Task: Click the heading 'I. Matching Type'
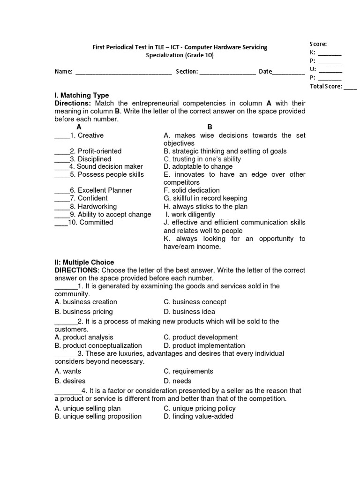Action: point(82,96)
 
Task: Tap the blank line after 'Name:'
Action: point(123,73)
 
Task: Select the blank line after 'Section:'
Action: point(228,73)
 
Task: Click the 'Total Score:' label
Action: point(326,86)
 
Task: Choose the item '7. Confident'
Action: point(89,198)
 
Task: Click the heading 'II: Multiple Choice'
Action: point(84,262)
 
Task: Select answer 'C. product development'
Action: point(201,337)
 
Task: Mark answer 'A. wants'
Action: point(68,371)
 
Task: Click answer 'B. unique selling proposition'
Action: point(98,416)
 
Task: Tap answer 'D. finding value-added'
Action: point(198,416)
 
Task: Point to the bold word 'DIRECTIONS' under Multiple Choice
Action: point(76,270)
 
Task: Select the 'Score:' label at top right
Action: point(318,44)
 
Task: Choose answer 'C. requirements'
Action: point(188,371)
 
